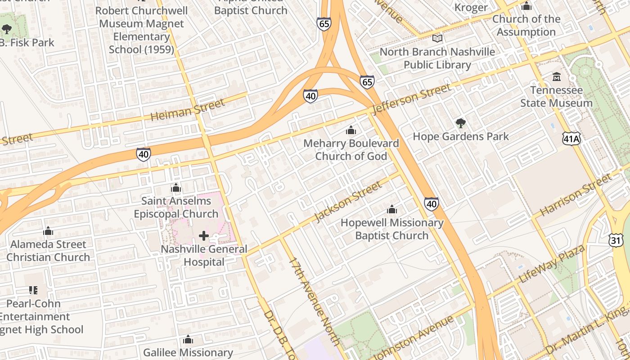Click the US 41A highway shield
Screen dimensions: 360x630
tap(571, 139)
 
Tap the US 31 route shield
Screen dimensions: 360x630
tap(616, 240)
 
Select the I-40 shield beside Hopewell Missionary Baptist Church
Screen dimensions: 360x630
tap(431, 204)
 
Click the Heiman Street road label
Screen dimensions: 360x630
tap(187, 110)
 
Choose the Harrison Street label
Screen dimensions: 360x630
tap(576, 194)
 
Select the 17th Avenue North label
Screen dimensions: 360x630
tap(314, 301)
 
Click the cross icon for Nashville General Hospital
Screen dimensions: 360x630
tap(204, 235)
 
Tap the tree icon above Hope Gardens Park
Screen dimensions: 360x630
tap(460, 123)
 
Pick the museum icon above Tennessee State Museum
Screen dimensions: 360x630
tap(557, 77)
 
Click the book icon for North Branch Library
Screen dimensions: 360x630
tap(437, 39)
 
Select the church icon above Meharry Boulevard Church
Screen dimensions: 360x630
tap(351, 130)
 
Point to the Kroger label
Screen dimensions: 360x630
tap(471, 7)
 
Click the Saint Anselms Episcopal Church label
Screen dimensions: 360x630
tap(176, 207)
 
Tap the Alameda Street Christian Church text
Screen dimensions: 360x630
tap(48, 251)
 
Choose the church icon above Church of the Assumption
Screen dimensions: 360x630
tap(526, 6)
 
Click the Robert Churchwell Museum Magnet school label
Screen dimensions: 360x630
tap(141, 30)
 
